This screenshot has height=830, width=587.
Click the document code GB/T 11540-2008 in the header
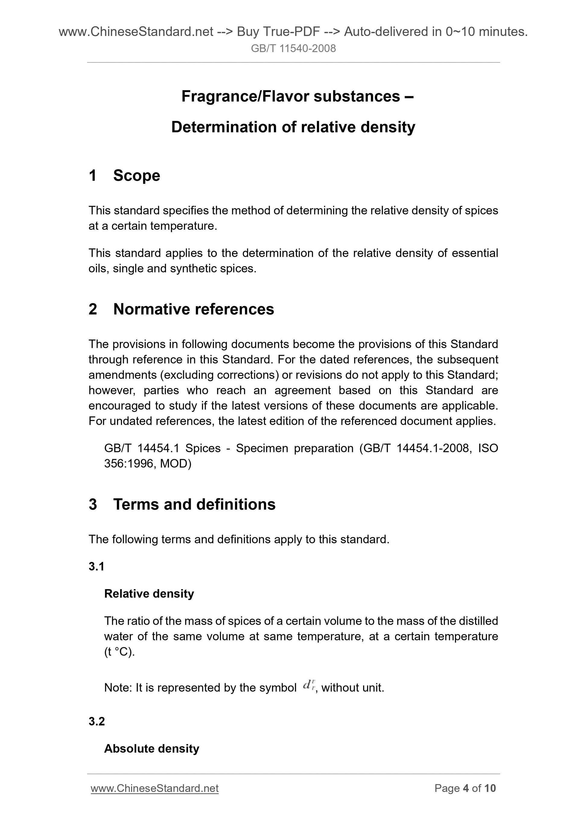tap(293, 49)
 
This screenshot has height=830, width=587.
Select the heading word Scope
tap(136, 176)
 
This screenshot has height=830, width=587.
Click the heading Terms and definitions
tap(194, 504)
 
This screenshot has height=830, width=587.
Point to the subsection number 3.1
tap(97, 566)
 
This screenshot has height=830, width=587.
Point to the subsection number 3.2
tap(97, 721)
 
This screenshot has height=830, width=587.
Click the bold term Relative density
tap(149, 594)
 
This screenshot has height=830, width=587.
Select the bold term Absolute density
tap(151, 748)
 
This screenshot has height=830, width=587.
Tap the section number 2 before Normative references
tap(93, 309)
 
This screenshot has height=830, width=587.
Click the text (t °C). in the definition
tap(119, 652)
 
